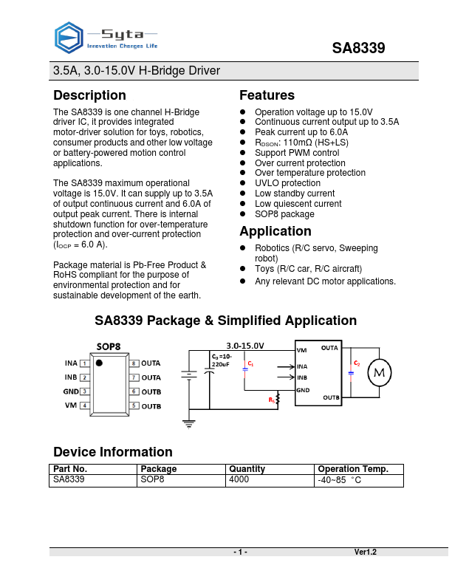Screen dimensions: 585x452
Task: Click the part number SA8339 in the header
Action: coord(358,49)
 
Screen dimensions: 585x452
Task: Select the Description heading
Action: coord(89,95)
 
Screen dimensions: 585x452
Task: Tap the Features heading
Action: coord(267,95)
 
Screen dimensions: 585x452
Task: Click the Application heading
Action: coord(275,231)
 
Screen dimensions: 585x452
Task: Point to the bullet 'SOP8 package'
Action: coord(284,214)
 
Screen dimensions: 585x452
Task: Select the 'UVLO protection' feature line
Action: coord(287,183)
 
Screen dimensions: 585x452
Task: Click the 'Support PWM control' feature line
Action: coord(297,153)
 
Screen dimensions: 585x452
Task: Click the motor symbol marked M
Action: coord(380,373)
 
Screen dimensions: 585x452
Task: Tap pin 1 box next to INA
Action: coord(85,363)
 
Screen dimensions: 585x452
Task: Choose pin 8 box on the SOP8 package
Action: coord(134,363)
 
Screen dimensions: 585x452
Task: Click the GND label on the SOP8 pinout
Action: coord(71,391)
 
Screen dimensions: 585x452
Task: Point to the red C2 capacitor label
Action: coord(357,363)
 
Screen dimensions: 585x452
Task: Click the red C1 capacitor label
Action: coord(250,364)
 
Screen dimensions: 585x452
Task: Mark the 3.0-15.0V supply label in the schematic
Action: coord(244,346)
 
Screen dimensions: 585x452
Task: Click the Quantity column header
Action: coord(247,469)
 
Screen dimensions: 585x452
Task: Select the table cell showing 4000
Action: coord(239,480)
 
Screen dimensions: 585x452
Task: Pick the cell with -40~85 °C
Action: coord(339,481)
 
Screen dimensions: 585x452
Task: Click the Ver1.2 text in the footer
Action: coord(365,552)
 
